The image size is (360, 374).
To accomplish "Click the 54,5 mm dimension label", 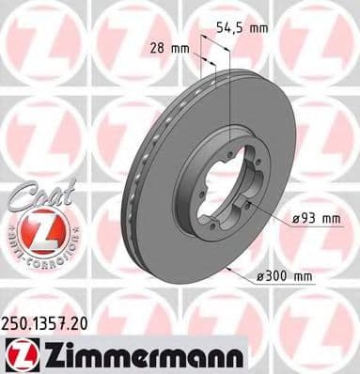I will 242,28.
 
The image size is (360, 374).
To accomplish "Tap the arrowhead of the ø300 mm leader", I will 228,268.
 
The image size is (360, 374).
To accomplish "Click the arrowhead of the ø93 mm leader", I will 245,203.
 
